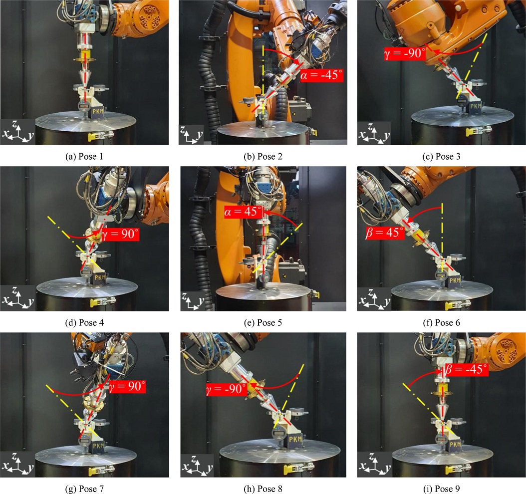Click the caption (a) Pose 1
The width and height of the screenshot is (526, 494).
[x=84, y=157]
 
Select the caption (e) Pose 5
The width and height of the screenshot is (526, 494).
[x=263, y=323]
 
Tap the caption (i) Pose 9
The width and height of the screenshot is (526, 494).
[x=442, y=489]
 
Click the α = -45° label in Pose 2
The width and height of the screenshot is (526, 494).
[x=321, y=75]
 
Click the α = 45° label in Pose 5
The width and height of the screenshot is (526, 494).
[x=243, y=212]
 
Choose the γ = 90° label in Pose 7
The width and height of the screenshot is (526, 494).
[x=127, y=386]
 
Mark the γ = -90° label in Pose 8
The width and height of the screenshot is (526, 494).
[x=226, y=389]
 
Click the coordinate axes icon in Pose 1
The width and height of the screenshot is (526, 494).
[x=17, y=132]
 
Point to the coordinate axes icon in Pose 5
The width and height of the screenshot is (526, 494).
[x=192, y=301]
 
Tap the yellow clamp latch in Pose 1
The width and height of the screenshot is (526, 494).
[x=101, y=136]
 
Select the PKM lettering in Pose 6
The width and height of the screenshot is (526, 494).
[x=455, y=280]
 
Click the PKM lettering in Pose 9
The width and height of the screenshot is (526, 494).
[x=455, y=445]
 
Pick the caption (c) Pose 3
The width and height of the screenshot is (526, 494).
[x=442, y=157]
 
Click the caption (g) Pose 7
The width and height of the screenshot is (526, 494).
[x=84, y=489]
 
